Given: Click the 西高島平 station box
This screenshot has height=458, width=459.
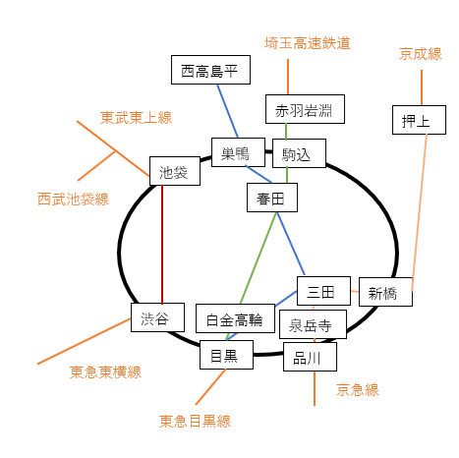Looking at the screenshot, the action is tap(210, 70).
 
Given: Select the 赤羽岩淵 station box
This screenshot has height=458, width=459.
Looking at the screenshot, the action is tap(305, 109).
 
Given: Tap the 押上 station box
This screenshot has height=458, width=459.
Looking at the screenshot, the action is tap(419, 120).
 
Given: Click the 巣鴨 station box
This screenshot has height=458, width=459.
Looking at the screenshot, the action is tap(238, 152).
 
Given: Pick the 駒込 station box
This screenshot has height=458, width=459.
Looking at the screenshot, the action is tap(299, 153).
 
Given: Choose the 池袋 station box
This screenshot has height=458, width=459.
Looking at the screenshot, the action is tap(175, 171).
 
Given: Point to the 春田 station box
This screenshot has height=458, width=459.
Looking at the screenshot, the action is tap(272, 198).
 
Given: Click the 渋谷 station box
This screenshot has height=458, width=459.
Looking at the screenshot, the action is tap(157, 317).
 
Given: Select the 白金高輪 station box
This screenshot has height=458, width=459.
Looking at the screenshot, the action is tap(235, 318).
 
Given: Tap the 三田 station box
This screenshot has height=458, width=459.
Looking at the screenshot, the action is tap(323, 291).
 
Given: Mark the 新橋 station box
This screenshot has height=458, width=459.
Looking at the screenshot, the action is tap(385, 292).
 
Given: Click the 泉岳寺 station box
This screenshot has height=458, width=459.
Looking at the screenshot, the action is tap(313, 324).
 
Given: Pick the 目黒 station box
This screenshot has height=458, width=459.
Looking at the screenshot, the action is tap(226, 355).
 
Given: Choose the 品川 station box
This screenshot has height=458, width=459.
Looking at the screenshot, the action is tap(310, 357).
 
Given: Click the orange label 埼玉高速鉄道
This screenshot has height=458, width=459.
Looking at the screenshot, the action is tap(308, 43).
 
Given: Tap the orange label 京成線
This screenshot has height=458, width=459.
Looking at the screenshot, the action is tap(421, 54).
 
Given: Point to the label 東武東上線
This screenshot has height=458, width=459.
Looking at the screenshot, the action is tap(136, 118).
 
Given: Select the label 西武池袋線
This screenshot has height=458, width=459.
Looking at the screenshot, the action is tap(73, 200).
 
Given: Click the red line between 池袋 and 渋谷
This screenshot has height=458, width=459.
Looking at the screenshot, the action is tap(162, 245).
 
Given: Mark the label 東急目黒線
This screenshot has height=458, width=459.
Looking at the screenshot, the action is tap(195, 422).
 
